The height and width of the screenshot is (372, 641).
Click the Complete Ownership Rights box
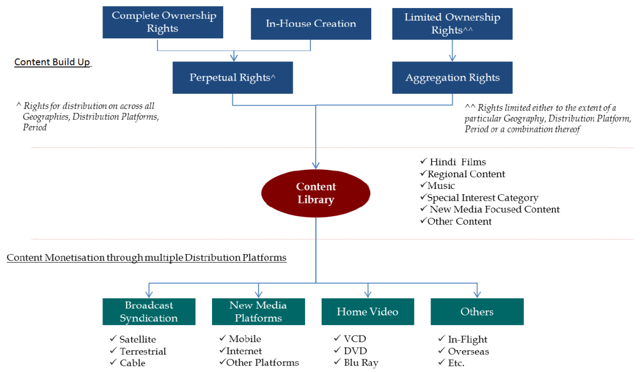(163, 22)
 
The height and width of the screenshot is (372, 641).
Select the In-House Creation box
(311, 23)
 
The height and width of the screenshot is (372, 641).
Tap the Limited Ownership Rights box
(452, 23)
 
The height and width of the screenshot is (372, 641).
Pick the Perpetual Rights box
(232, 78)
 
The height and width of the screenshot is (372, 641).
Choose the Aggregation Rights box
(452, 78)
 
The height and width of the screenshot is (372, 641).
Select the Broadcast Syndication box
(148, 312)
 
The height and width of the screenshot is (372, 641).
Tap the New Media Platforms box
(258, 312)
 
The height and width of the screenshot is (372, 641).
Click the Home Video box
(368, 312)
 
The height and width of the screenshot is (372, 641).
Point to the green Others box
(477, 312)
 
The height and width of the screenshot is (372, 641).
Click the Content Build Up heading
(52, 62)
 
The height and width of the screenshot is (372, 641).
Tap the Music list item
(441, 186)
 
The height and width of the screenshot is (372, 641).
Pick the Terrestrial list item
(143, 351)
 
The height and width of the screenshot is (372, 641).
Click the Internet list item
(244, 351)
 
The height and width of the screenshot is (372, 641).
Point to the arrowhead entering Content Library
(316, 165)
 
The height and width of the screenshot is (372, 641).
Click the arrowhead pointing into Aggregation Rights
(452, 58)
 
